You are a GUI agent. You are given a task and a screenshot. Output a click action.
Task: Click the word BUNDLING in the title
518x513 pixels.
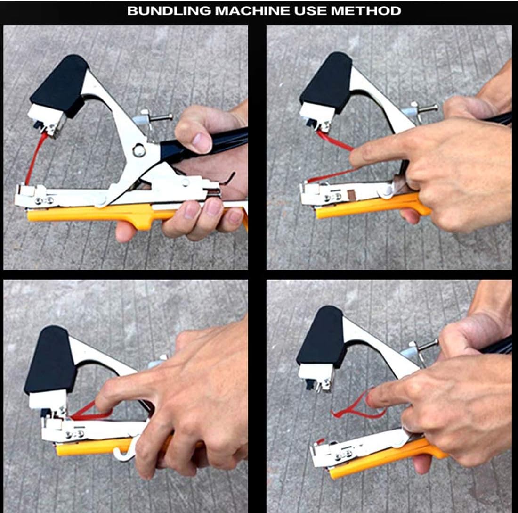tap(169, 11)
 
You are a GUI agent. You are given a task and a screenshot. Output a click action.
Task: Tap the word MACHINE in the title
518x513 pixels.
tap(252, 11)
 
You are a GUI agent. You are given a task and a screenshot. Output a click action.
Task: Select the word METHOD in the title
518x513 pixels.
tap(366, 11)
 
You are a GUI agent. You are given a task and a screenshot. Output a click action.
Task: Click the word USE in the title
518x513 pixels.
tap(310, 11)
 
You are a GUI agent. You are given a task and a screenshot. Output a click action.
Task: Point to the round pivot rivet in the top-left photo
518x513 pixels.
tap(139, 150)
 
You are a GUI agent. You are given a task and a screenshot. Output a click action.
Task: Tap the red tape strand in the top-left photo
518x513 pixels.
tap(34, 158)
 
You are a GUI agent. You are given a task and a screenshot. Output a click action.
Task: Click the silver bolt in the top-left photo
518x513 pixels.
tap(155, 117)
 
